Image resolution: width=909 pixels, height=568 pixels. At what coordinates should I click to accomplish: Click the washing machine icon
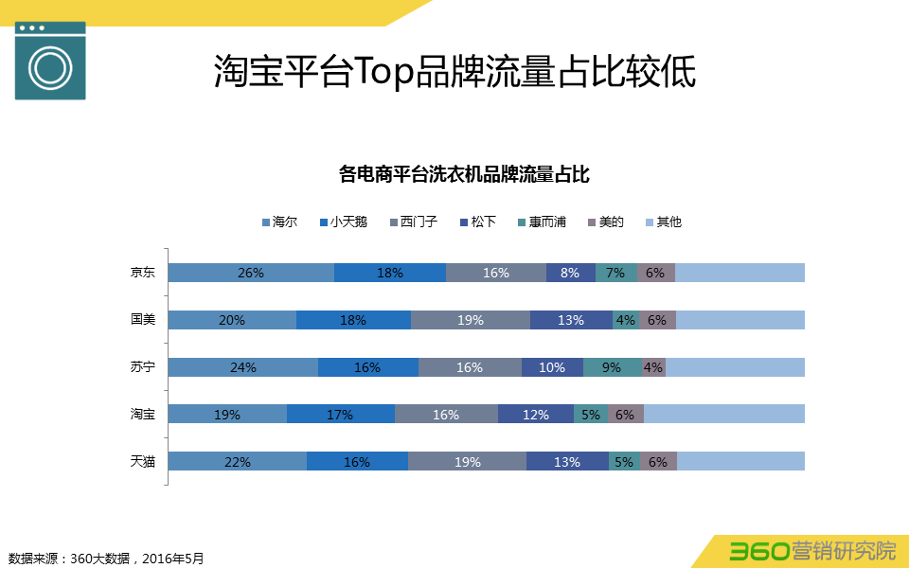click(50, 61)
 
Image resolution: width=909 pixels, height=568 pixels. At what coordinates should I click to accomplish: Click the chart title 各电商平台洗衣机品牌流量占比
click(464, 174)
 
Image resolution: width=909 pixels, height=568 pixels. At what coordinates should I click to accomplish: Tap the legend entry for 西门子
click(412, 222)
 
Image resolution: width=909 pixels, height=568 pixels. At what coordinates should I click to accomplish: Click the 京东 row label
click(143, 273)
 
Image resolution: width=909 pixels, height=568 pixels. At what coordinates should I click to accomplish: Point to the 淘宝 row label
click(143, 414)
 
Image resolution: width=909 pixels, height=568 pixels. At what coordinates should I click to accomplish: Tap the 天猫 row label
click(143, 461)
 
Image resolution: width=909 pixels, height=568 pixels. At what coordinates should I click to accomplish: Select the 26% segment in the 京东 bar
click(251, 273)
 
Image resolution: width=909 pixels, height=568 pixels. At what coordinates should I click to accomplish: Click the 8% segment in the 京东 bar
click(570, 273)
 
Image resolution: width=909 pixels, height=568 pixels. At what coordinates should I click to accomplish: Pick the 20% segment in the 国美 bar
click(232, 320)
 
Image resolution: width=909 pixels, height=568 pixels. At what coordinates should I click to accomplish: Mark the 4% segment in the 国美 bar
click(625, 320)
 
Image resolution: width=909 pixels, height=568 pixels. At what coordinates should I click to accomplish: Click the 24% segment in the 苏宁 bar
click(243, 367)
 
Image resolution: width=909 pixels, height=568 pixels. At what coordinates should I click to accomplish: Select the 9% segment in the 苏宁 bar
click(612, 367)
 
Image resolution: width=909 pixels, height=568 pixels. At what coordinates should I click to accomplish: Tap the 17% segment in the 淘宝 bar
click(340, 414)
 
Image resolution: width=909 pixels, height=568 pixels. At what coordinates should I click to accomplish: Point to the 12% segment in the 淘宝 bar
click(535, 414)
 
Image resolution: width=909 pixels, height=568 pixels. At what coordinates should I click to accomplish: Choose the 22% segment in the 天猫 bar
click(237, 461)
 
